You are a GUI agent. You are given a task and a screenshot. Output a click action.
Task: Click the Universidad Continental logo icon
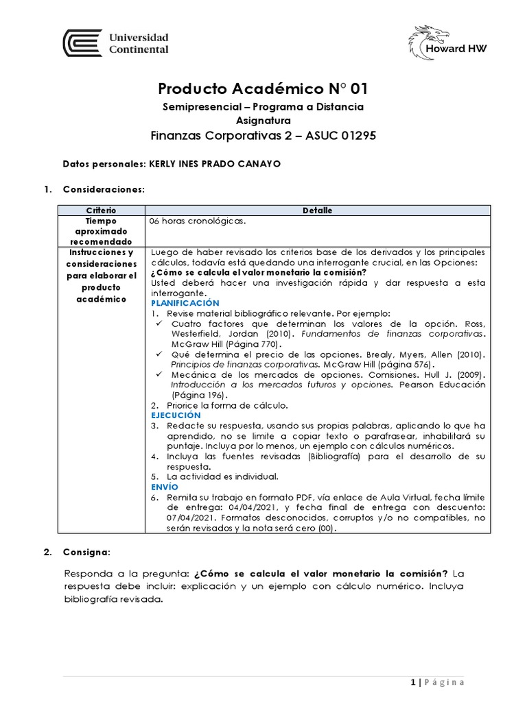click(x=82, y=43)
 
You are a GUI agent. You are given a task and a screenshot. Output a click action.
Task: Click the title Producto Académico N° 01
click(x=263, y=89)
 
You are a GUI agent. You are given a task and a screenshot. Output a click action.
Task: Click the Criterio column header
click(x=101, y=210)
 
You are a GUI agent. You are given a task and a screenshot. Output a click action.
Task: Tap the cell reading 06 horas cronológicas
click(x=197, y=221)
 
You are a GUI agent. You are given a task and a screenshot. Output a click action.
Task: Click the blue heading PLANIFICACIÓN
click(x=185, y=302)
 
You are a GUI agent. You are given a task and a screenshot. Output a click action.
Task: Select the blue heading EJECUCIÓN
click(x=176, y=415)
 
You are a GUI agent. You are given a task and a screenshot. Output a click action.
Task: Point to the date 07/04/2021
click(x=173, y=518)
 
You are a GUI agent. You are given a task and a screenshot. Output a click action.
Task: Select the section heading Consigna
click(x=86, y=551)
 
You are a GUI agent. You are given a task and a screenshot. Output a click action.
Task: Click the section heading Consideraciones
click(x=104, y=189)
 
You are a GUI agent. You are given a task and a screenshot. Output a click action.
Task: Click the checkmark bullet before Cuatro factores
click(x=159, y=323)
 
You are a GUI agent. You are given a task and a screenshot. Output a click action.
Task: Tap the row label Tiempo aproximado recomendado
click(x=101, y=232)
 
